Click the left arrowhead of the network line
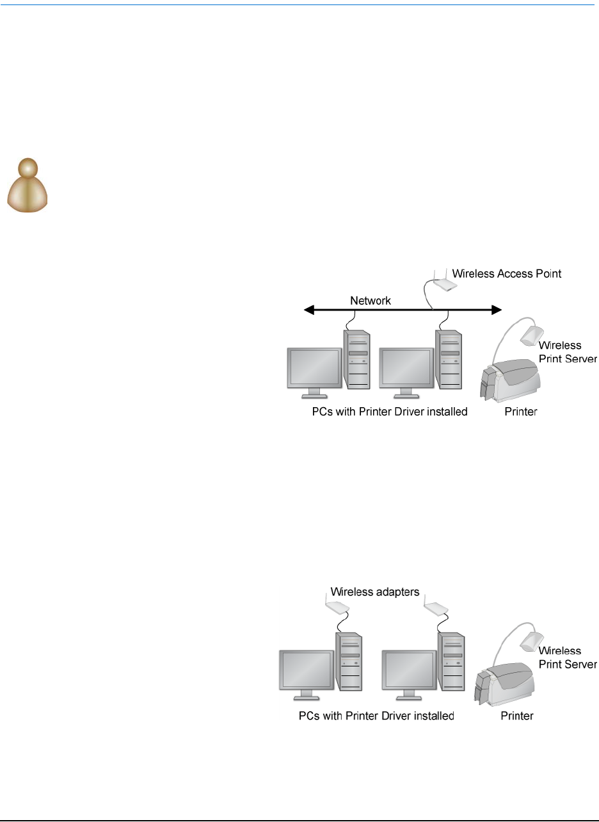[x=308, y=310]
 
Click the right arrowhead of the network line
[x=495, y=310]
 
